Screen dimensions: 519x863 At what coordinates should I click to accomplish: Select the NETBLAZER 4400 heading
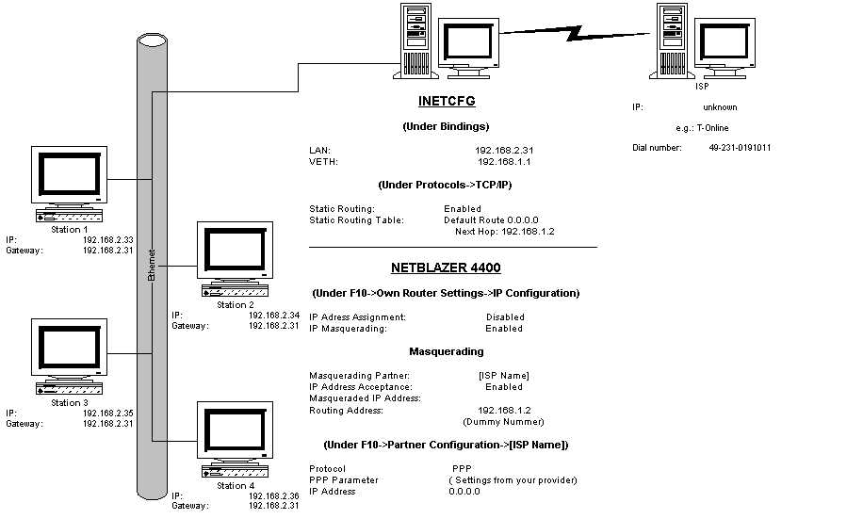click(446, 269)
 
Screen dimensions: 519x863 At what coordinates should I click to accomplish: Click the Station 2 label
click(236, 305)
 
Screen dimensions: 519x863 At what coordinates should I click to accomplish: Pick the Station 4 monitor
click(236, 434)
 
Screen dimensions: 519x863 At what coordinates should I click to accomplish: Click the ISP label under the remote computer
click(702, 86)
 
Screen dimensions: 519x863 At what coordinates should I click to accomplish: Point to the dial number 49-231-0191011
click(741, 148)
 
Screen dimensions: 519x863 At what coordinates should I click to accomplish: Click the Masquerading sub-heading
click(446, 351)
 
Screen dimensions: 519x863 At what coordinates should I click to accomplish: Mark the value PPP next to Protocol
click(462, 468)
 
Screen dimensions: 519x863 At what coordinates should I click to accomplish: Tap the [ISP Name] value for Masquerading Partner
click(504, 376)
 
